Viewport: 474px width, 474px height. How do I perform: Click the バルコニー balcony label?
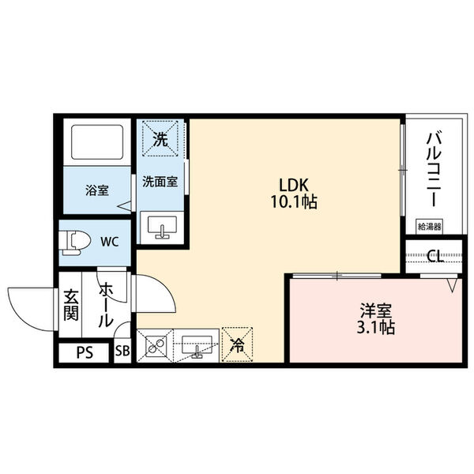click(x=433, y=170)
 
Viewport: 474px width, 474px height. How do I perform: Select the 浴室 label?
click(x=97, y=190)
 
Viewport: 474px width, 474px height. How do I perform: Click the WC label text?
click(x=110, y=241)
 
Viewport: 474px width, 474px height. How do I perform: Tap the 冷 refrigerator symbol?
click(x=237, y=344)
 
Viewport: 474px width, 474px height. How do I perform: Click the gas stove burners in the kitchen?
click(x=154, y=344)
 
